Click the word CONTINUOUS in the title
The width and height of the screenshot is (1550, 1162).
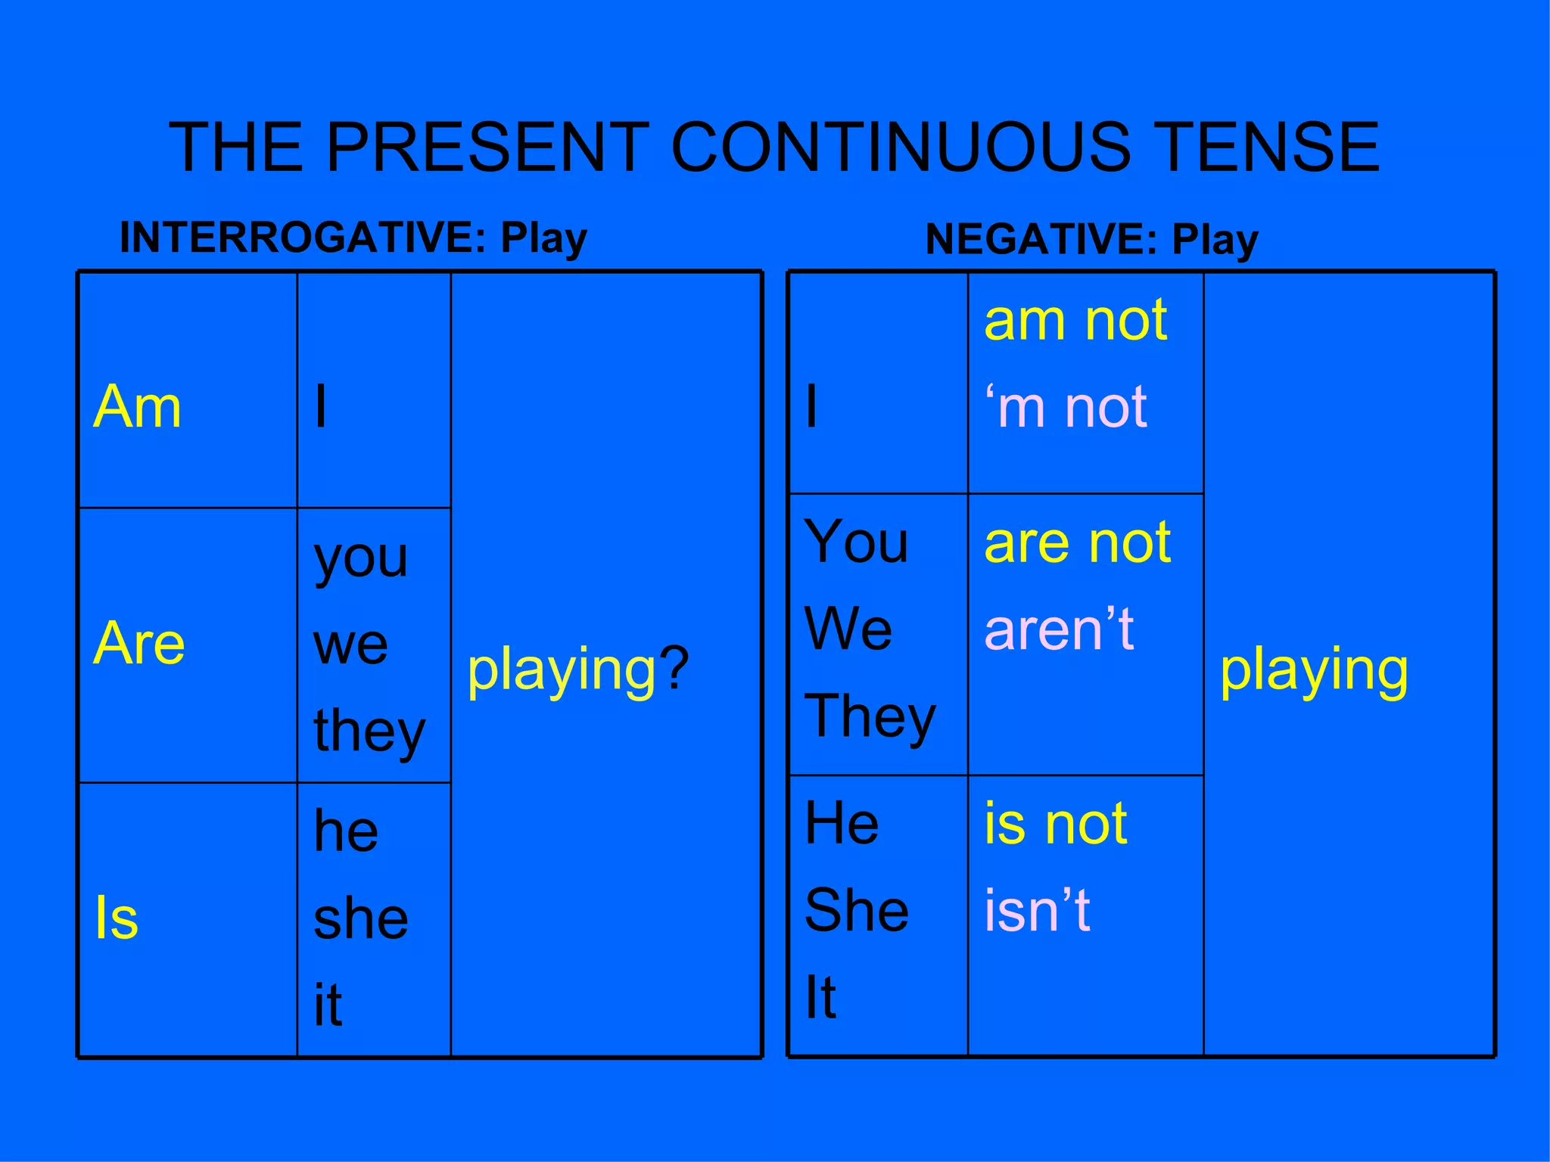901,147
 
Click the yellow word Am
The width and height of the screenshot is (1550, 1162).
137,407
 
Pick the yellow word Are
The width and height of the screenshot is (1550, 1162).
139,643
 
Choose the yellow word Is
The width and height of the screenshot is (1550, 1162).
117,918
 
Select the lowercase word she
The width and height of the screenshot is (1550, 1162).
361,918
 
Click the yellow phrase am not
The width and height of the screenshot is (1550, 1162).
1075,321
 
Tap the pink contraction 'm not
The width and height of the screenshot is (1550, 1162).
1066,408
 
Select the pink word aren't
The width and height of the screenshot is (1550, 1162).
1059,629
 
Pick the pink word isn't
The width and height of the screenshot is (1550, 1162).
1037,910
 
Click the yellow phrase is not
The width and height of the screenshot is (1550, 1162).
1056,824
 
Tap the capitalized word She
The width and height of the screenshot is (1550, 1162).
857,910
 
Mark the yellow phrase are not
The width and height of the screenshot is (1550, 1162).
1078,542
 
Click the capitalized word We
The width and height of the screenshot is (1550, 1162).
848,629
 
